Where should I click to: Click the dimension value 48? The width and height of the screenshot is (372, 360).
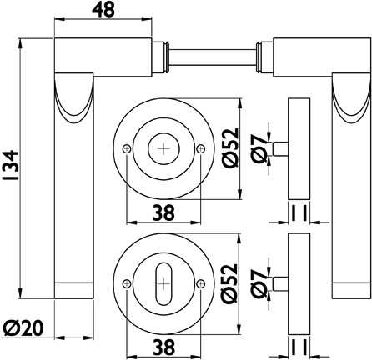103,10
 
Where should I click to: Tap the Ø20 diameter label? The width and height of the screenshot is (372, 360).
24,327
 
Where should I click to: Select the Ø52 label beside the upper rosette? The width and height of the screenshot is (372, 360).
230,148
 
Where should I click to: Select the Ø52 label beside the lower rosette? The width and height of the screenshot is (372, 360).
230,283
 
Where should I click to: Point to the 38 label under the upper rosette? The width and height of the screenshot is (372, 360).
164,212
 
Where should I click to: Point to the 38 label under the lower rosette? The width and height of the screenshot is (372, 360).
164,347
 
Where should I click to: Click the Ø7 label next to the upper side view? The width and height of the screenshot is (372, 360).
259,148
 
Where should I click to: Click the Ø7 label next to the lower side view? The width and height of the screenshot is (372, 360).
259,283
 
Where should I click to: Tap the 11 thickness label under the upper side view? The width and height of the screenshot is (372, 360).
299,212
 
